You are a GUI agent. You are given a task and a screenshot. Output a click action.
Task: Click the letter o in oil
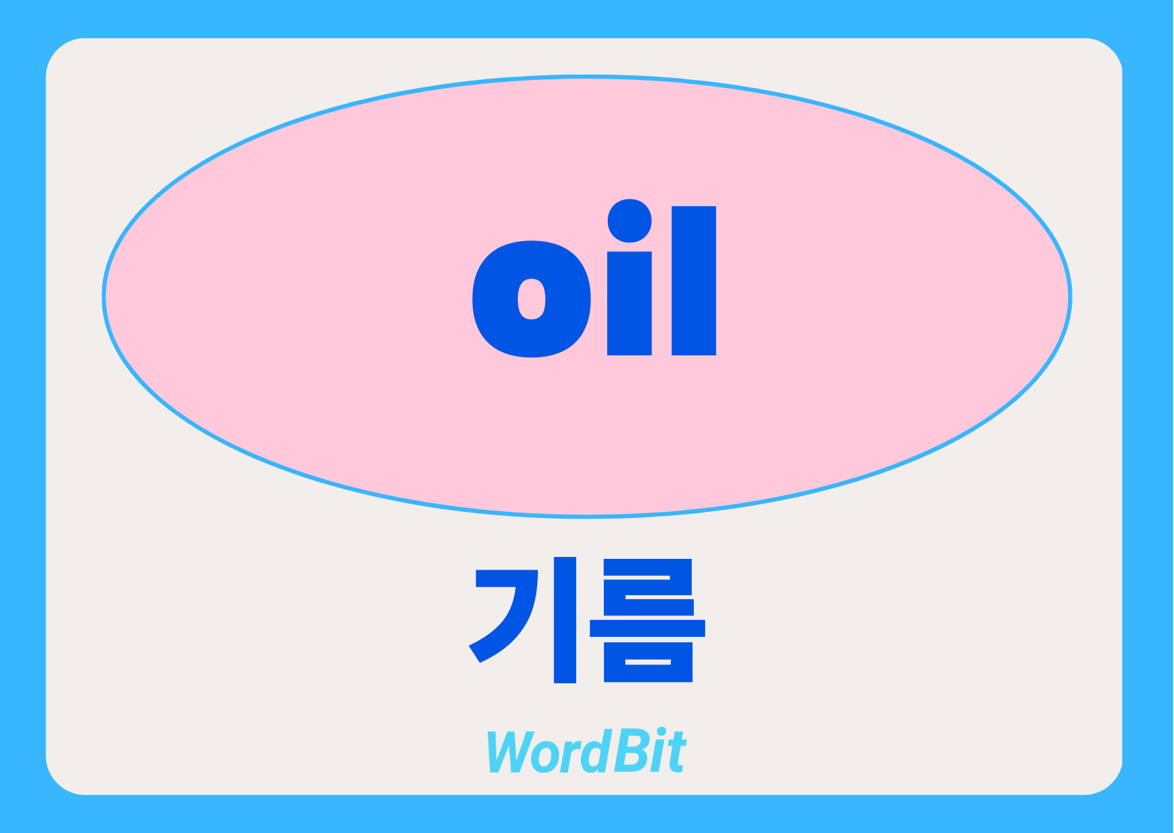click(497, 299)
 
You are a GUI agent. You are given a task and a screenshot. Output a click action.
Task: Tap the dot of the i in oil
click(629, 220)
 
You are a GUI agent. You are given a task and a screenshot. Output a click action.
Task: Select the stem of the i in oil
click(629, 303)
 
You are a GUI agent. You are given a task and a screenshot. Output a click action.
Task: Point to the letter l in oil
click(694, 280)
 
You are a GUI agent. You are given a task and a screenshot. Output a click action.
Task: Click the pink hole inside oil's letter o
click(531, 299)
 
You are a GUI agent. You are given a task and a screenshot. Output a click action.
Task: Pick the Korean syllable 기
click(523, 620)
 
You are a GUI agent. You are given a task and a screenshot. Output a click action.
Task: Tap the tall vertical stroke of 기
click(565, 620)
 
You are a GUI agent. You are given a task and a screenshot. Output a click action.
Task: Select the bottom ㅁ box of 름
click(648, 662)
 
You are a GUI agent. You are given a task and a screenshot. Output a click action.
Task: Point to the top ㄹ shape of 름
click(649, 587)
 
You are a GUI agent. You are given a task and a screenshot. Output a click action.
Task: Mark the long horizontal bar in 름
click(647, 628)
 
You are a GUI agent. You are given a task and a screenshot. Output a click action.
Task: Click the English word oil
click(594, 278)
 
